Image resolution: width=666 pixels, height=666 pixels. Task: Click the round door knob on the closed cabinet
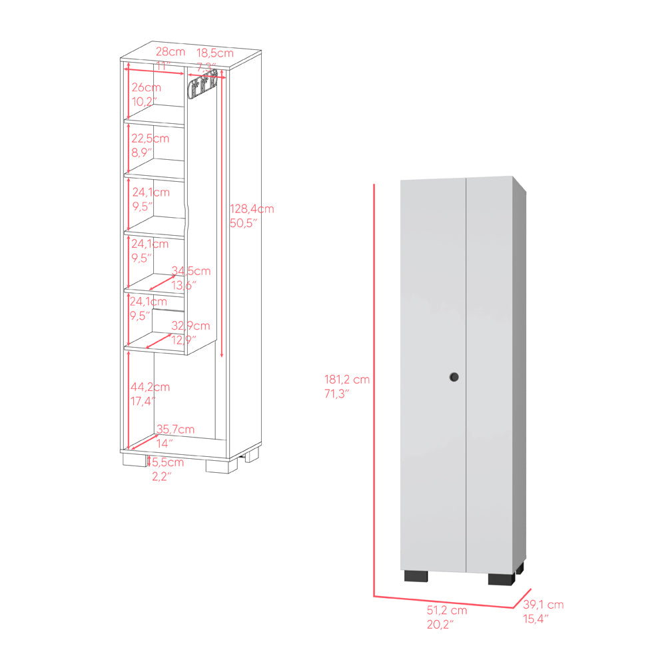tap(453, 377)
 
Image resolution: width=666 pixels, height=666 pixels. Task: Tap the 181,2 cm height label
tap(347, 380)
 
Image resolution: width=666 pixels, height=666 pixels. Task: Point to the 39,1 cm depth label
tap(543, 605)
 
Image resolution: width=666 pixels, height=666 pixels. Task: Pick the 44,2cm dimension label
tap(151, 386)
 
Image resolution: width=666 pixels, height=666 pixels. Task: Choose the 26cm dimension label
tap(146, 87)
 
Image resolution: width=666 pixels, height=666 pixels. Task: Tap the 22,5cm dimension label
tap(150, 139)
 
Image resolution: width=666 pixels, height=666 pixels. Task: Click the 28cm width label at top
tap(170, 51)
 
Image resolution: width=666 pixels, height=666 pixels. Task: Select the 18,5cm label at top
tap(214, 52)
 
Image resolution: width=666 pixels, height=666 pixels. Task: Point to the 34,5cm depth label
tap(191, 271)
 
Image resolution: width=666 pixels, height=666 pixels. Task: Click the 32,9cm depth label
tap(190, 326)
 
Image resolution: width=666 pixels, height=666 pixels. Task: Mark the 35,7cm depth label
tap(175, 429)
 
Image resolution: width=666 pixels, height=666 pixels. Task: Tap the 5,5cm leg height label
tap(165, 462)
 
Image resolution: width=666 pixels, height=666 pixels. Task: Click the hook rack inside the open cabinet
tap(202, 86)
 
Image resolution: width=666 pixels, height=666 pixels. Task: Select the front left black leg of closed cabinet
tap(414, 575)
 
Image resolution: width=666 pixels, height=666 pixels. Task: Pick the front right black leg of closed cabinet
tap(503, 578)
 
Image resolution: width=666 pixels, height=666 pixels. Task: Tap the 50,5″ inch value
tap(243, 222)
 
